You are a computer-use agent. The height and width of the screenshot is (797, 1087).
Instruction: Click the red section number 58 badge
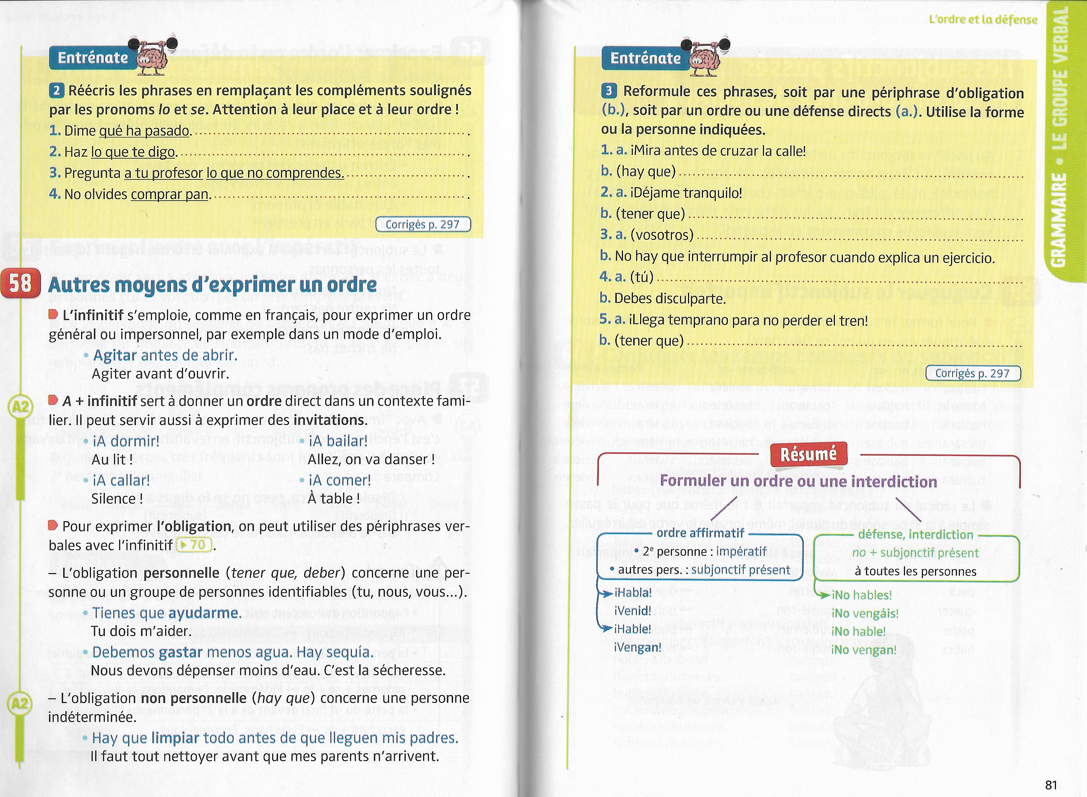[20, 284]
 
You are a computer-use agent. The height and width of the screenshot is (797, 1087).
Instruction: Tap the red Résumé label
[808, 454]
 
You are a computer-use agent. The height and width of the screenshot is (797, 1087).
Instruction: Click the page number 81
[1051, 785]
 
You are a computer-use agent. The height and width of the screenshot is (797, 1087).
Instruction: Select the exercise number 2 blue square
[56, 90]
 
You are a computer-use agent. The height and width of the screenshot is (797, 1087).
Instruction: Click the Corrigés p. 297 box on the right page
[972, 373]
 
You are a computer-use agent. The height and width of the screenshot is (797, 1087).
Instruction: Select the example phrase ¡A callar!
[121, 481]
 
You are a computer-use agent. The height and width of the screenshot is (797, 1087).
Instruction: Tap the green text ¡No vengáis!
[865, 613]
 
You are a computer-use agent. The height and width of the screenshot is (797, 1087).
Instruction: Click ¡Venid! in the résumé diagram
[632, 611]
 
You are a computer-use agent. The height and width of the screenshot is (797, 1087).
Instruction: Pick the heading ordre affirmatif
[700, 533]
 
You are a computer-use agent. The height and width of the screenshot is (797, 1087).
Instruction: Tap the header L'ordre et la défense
[983, 19]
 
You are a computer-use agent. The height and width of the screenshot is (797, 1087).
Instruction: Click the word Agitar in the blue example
[115, 355]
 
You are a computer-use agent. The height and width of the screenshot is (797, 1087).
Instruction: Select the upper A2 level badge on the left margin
[20, 408]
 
